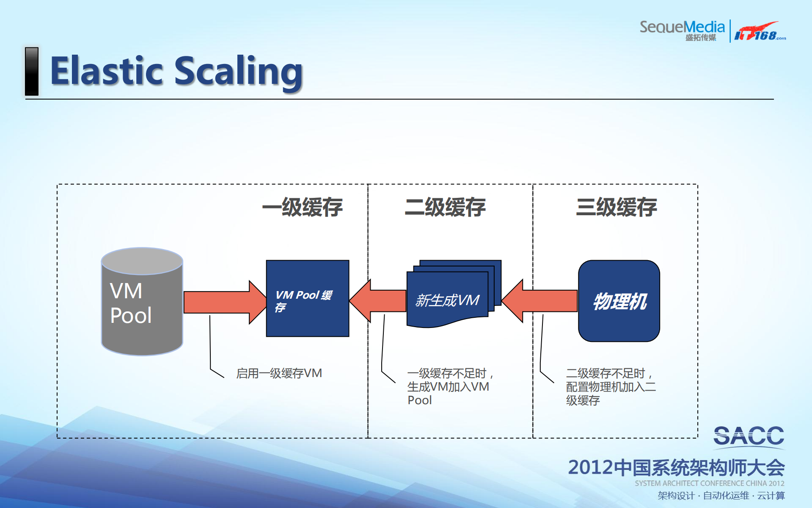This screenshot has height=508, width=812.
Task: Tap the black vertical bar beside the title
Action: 32,71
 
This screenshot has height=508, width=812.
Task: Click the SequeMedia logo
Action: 682,30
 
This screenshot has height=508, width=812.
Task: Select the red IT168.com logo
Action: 759,31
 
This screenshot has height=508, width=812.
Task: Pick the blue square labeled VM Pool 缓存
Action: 308,298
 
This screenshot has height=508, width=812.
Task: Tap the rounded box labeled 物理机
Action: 619,301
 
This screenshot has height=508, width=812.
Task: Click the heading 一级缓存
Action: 302,207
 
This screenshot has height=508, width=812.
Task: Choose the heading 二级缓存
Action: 445,207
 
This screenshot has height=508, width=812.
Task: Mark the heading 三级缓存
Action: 616,207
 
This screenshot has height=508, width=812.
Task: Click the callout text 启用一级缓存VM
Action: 279,373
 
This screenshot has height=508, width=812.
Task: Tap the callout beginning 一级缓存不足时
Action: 449,386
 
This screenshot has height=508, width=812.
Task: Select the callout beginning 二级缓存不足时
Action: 610,386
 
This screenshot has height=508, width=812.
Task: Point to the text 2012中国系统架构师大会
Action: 676,468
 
